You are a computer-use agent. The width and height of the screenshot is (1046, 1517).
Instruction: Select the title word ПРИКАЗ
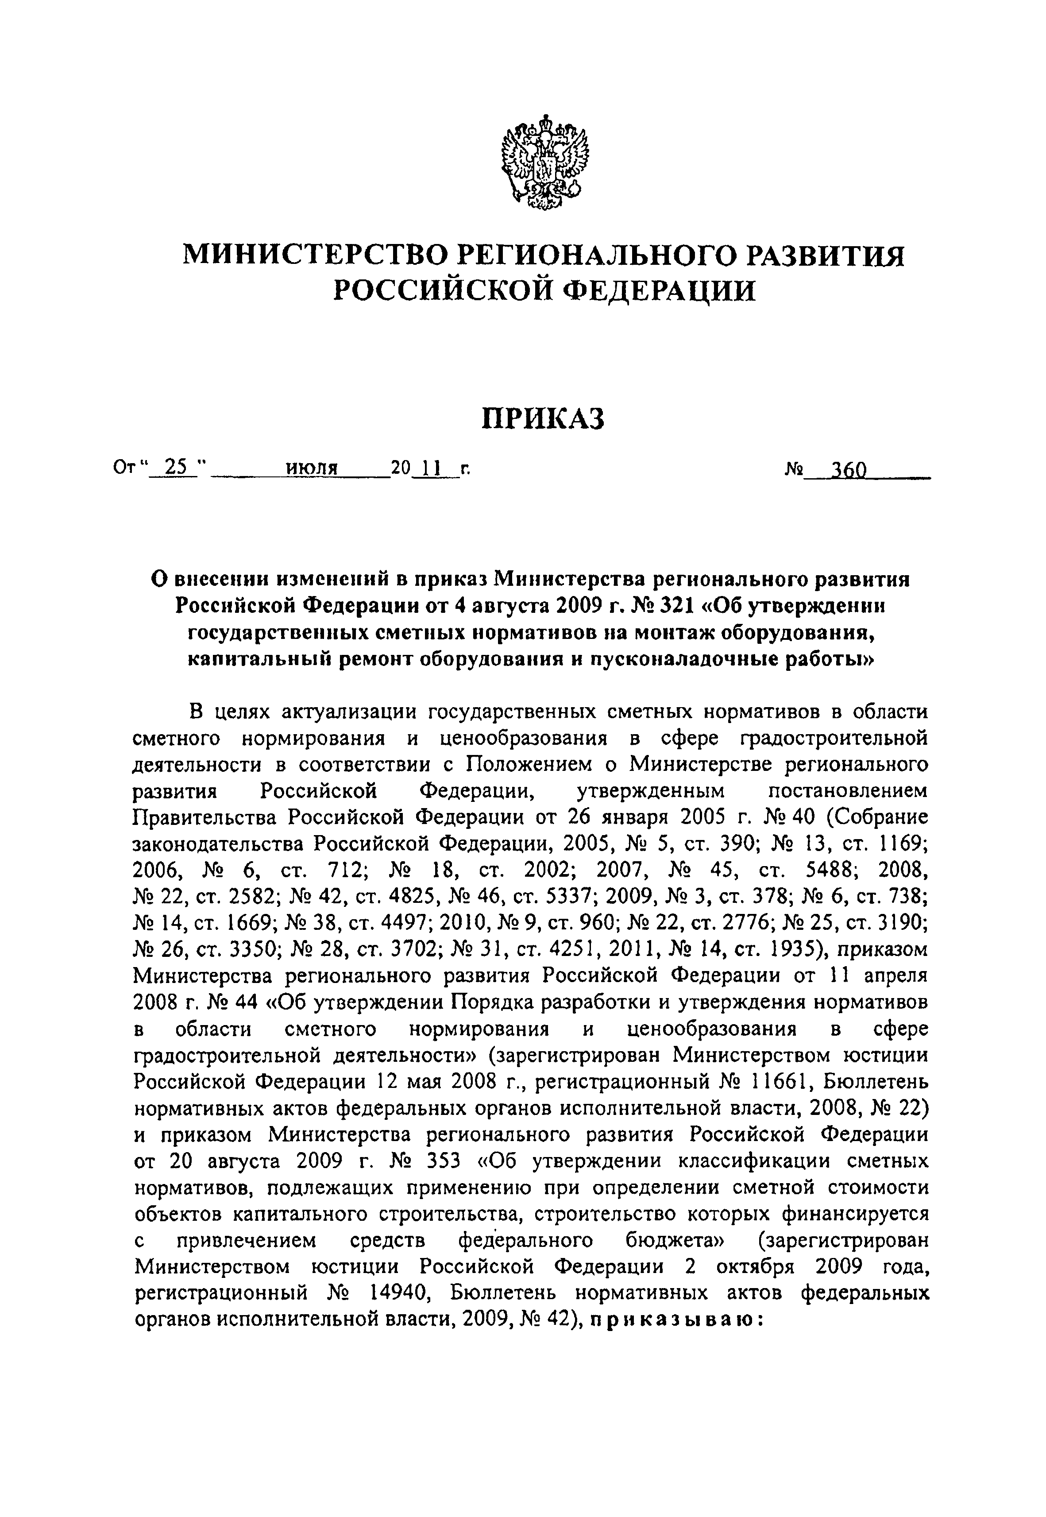click(x=543, y=419)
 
